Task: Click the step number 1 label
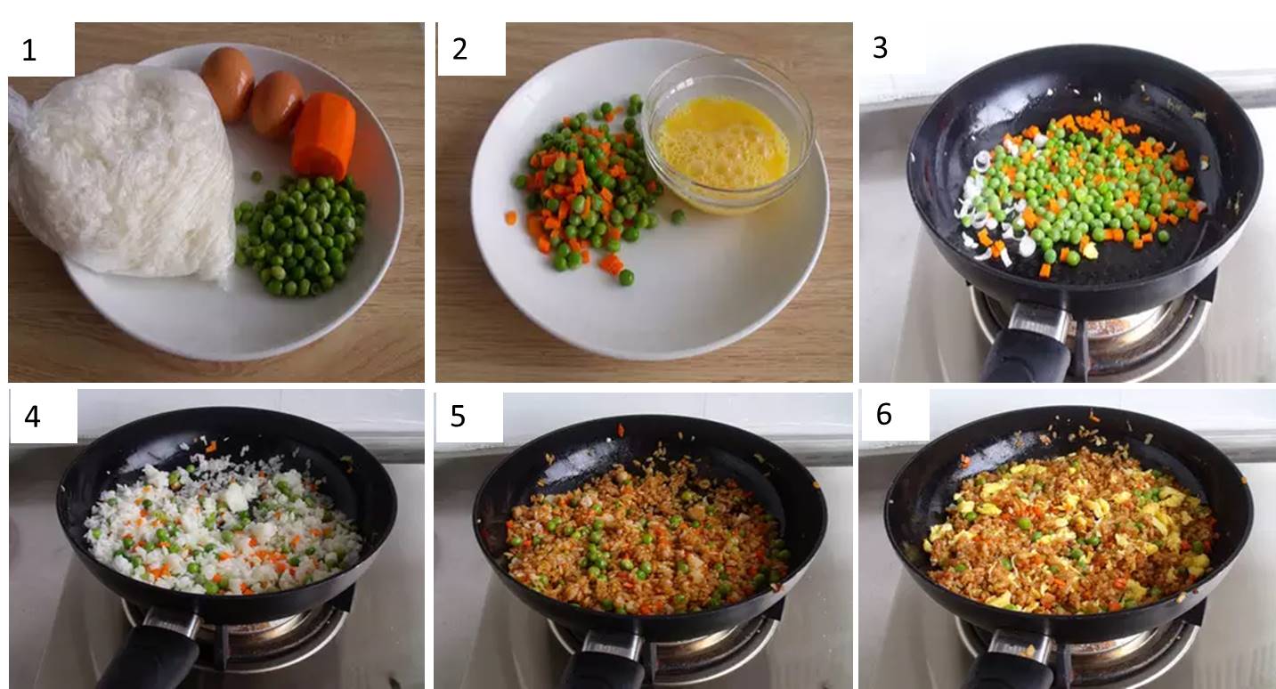[29, 51]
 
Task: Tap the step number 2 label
[459, 50]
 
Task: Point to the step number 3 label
[880, 48]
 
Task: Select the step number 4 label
[32, 417]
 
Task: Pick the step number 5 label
[458, 417]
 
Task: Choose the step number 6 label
[883, 415]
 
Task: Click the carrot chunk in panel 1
[323, 135]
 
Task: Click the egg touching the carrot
[276, 105]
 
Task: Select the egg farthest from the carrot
[227, 83]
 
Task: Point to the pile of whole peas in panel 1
[300, 235]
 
